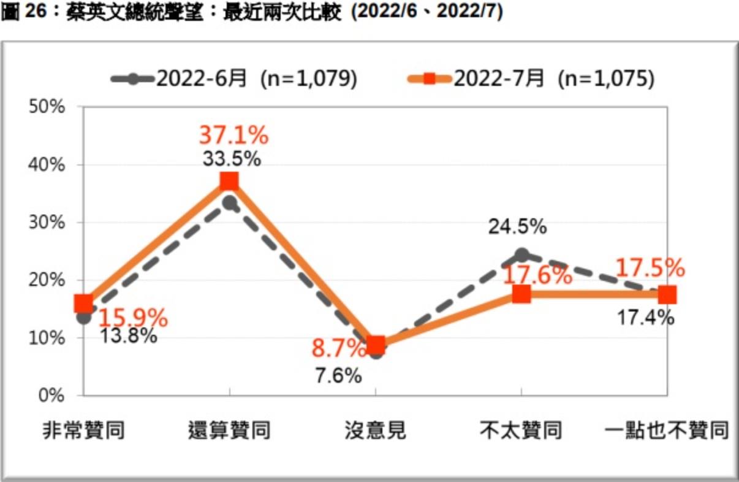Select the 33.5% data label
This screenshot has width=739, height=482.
pos(232,159)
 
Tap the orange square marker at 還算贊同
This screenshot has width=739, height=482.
pos(229,182)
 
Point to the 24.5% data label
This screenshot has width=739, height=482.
pos(517,227)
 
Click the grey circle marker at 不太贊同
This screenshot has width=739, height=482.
pos(521,255)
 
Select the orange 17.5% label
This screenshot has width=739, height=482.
pos(650,268)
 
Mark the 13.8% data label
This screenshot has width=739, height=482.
pos(128,336)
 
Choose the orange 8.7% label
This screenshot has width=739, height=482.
pos(339,350)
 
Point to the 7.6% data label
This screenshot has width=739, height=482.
pos(338,375)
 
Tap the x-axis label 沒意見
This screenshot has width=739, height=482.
pos(375,431)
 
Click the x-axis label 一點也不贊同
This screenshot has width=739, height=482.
pos(667,431)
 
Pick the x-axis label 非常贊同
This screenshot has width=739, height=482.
pos(84,431)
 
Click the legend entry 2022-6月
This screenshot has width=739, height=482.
pos(234,79)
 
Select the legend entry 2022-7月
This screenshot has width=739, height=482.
pos(531,79)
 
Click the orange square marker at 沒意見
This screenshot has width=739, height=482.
pos(376,345)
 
